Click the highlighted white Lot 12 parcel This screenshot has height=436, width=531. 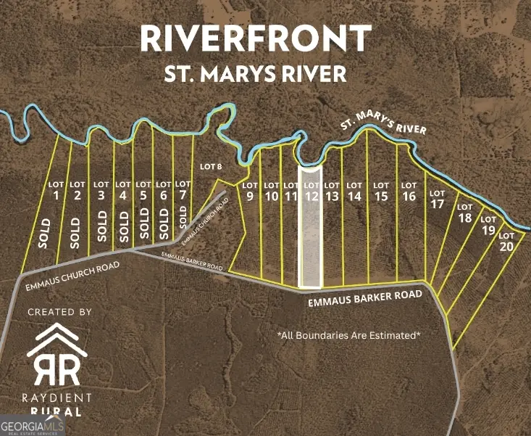[310, 232]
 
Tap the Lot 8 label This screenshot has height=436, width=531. [209, 167]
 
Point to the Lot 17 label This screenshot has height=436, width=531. [437, 199]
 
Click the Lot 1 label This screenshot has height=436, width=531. [56, 191]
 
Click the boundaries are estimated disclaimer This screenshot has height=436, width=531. [348, 335]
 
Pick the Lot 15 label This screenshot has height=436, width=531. [381, 191]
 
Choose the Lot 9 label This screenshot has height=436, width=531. [249, 191]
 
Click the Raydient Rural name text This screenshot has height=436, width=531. [59, 403]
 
